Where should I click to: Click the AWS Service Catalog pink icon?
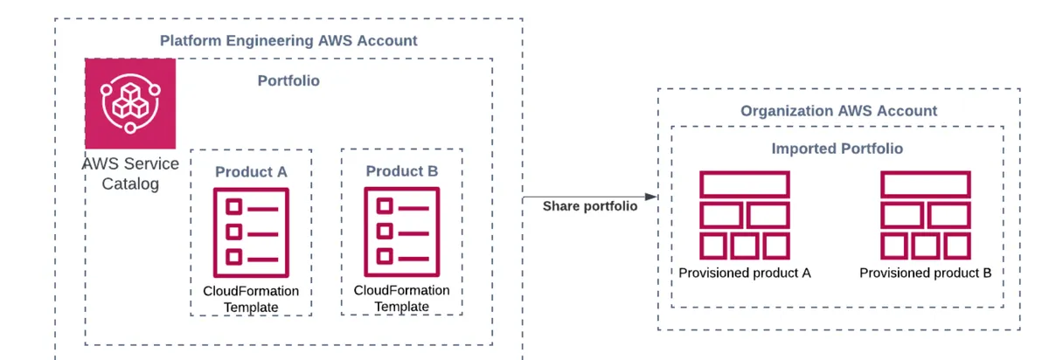point(130,103)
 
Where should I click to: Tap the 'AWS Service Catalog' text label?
point(130,173)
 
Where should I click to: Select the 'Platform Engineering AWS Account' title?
point(288,40)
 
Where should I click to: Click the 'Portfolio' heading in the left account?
point(288,80)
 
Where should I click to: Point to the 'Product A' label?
point(251,171)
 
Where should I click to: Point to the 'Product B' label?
point(401,170)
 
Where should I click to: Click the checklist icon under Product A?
point(251,232)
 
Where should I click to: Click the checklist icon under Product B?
point(402,231)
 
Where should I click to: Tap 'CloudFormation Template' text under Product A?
point(251,299)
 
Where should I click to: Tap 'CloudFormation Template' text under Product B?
point(402,298)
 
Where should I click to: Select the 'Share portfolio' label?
point(590,206)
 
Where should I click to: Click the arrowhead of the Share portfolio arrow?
point(651,197)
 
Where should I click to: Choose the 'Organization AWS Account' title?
point(838,111)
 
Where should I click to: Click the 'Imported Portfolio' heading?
point(837,149)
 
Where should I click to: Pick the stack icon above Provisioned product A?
point(745,215)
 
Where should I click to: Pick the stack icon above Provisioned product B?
point(925,215)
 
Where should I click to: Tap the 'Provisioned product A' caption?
point(745,273)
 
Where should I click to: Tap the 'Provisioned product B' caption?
point(925,273)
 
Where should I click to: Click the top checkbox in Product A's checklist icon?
point(233,207)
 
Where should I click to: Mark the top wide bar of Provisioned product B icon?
point(925,184)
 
